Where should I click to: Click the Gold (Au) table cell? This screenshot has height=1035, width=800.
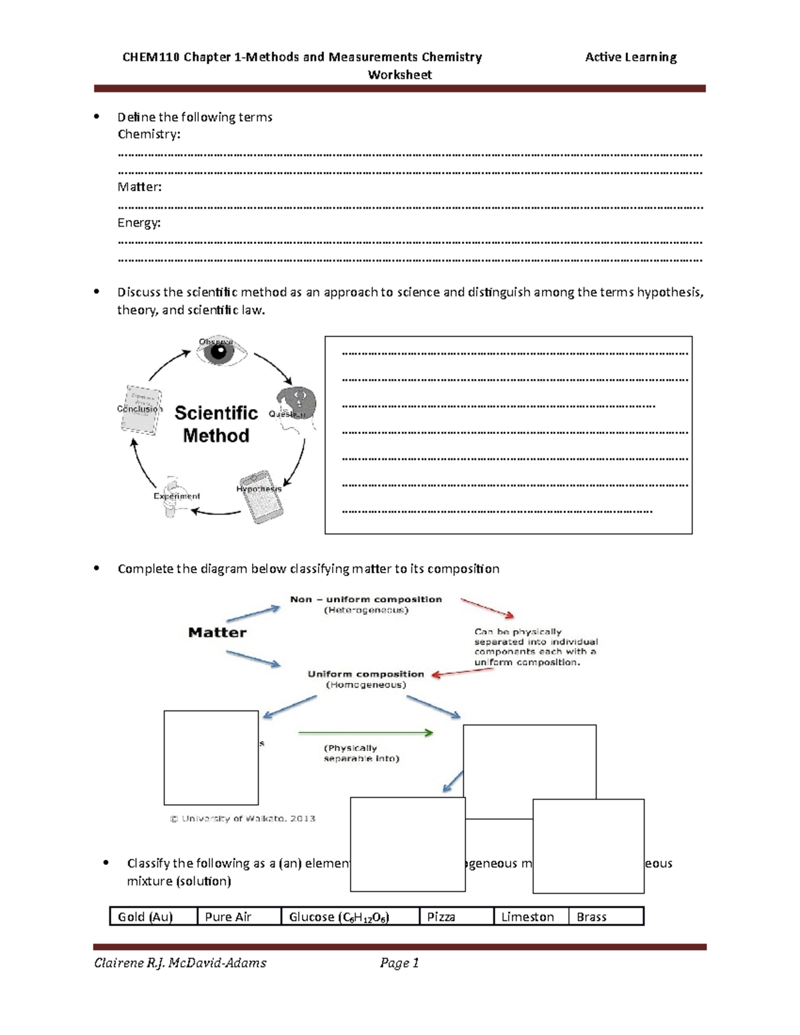153,916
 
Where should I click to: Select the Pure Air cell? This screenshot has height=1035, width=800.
239,916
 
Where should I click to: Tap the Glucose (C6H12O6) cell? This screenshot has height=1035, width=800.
350,916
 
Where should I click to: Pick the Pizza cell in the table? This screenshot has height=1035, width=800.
456,916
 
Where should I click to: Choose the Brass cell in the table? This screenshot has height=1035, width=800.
605,916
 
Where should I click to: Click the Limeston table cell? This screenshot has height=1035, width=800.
531,916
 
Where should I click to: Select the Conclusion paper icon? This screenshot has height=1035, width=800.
141,409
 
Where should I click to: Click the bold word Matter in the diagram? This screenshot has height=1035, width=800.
217,632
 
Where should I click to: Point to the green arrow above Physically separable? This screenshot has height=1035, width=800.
365,733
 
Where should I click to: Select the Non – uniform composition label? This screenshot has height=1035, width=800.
366,599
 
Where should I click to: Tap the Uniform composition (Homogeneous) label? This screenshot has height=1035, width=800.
365,678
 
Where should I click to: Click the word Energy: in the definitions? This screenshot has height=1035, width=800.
139,223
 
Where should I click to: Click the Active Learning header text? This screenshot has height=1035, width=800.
631,57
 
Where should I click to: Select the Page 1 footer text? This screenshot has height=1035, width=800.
399,962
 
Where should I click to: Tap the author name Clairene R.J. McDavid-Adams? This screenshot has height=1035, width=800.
180,962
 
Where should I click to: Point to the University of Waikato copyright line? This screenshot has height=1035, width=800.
243,818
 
